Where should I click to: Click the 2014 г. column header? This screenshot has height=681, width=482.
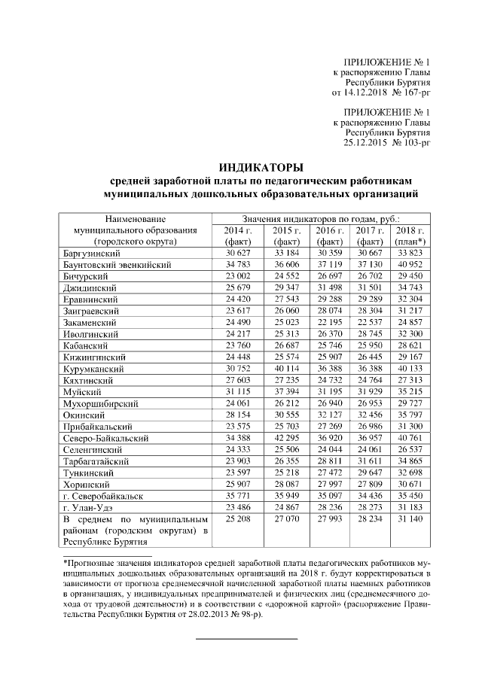(237, 230)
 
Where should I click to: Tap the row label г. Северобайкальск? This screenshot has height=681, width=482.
(99, 496)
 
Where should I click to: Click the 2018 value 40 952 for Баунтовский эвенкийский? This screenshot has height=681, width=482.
(410, 265)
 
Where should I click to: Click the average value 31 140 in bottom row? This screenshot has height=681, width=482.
(410, 519)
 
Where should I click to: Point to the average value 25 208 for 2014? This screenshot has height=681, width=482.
(237, 519)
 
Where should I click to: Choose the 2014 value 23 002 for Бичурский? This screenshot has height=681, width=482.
(237, 277)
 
